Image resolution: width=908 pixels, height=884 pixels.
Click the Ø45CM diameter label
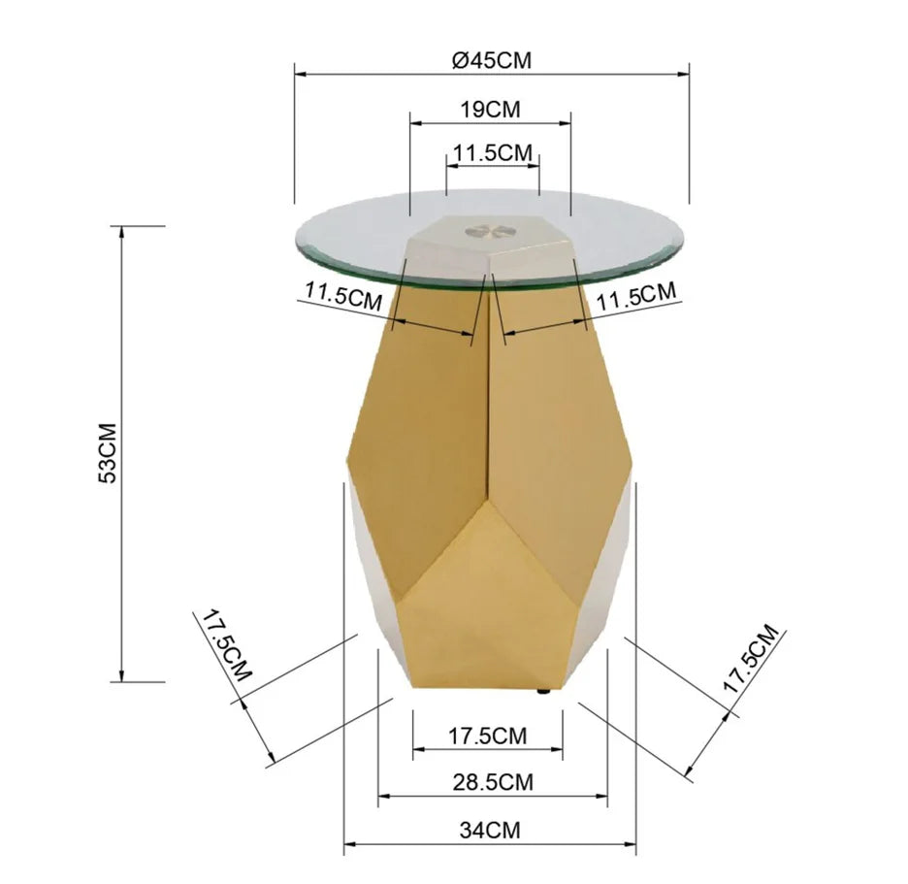492,59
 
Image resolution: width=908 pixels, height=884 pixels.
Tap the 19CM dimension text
491,109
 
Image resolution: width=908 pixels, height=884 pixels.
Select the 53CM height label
108,453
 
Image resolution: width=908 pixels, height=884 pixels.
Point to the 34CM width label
491,830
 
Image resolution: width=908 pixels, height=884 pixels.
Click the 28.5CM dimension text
493,782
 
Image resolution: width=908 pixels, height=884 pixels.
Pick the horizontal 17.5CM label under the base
488,736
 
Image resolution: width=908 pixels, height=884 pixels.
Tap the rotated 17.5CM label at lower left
226,644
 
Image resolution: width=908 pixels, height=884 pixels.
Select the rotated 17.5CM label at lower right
751,659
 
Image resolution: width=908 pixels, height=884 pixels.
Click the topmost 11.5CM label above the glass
492,153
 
